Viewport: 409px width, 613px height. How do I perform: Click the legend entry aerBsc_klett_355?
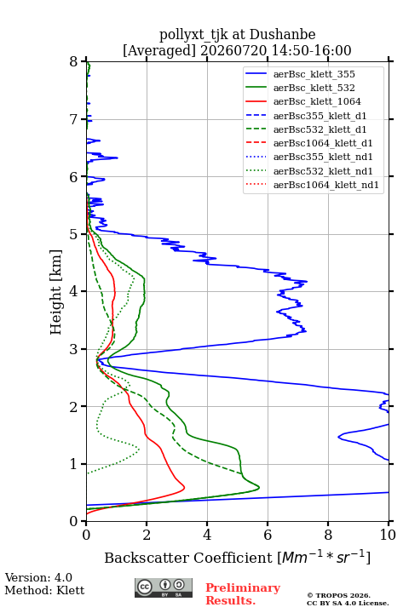[x=314, y=74]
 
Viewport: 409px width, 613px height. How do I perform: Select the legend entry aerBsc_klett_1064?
[x=317, y=101]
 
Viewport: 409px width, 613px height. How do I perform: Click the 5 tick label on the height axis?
[x=74, y=234]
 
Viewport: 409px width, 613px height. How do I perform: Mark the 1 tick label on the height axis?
[x=74, y=464]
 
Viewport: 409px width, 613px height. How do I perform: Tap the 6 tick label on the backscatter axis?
[x=268, y=535]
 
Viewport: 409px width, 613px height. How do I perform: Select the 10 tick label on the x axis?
[x=388, y=535]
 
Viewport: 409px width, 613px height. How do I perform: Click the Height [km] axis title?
[x=56, y=292]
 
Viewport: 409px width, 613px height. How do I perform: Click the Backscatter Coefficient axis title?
[x=237, y=558]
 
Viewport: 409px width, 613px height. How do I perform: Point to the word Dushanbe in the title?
[x=282, y=35]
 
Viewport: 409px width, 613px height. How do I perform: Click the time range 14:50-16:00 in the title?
[x=309, y=50]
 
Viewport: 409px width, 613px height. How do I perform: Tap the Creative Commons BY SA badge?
[x=164, y=587]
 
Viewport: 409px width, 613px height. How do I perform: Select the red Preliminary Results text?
[x=243, y=594]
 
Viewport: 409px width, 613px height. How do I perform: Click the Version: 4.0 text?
[x=38, y=577]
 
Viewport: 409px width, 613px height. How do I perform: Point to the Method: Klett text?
[x=44, y=590]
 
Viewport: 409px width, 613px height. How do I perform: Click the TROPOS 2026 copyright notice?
[x=338, y=595]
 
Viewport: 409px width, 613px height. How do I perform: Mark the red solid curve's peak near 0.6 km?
[x=184, y=488]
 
